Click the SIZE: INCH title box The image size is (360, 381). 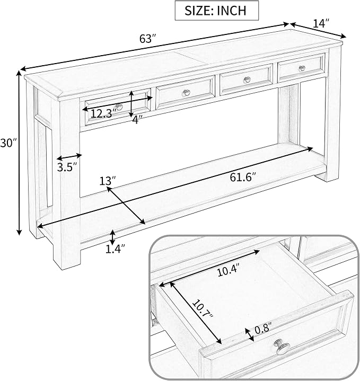(217, 11)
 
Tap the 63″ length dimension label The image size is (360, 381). (147, 39)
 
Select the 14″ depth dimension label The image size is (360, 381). (321, 24)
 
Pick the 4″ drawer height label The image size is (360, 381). (137, 119)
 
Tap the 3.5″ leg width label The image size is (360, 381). (67, 167)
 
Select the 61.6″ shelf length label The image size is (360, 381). (243, 177)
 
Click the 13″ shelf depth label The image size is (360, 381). (107, 181)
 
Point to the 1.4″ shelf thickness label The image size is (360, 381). (115, 249)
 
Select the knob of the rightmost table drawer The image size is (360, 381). (302, 68)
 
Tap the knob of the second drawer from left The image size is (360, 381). (186, 93)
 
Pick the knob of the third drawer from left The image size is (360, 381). (247, 79)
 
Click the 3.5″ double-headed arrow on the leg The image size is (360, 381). (69, 157)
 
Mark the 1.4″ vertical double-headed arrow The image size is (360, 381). (112, 237)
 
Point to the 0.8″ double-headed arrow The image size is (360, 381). (249, 334)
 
